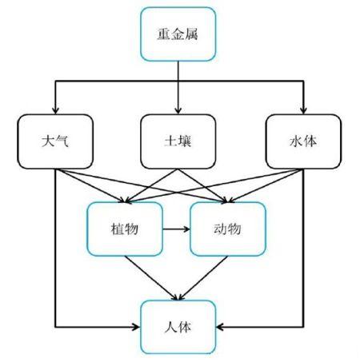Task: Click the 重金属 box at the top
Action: [x=178, y=34]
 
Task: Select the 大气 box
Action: [x=55, y=141]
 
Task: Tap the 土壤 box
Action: [x=178, y=141]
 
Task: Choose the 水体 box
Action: [x=303, y=141]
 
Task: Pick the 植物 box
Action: [x=125, y=229]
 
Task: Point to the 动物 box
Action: [x=228, y=229]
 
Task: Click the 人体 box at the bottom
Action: [x=178, y=327]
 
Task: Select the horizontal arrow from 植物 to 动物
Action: [x=176, y=229]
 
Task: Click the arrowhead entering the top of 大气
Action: [x=55, y=110]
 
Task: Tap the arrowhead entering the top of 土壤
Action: [x=178, y=110]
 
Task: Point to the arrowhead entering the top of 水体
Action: [x=303, y=110]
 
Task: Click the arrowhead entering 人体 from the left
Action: [x=136, y=327]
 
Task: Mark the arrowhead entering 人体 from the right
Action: [x=220, y=327]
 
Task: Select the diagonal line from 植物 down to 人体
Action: [x=150, y=278]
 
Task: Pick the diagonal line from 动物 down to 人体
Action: [x=203, y=278]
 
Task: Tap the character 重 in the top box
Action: [x=163, y=34]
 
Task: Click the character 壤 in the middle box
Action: [x=185, y=141]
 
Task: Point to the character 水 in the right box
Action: [x=297, y=141]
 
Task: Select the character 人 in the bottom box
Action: [x=171, y=327]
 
